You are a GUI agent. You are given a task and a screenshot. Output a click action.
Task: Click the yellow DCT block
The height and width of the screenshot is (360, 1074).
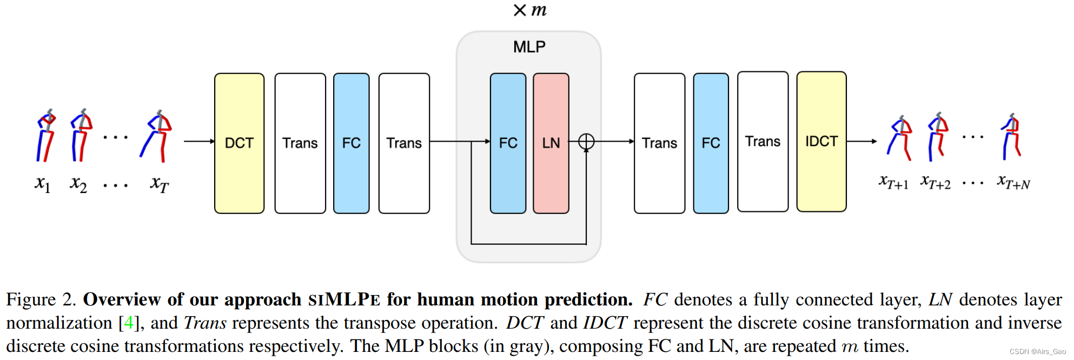point(239,143)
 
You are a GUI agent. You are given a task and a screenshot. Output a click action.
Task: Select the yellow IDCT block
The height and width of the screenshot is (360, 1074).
point(821,142)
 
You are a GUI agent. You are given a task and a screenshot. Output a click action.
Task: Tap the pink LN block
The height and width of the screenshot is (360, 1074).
point(551,143)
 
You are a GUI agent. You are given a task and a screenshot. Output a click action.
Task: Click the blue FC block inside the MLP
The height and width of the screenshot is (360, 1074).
point(508,143)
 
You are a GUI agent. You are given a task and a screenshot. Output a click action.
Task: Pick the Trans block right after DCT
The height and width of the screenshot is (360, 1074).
point(300,143)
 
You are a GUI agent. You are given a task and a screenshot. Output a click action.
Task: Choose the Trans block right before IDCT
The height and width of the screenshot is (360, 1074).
point(763,142)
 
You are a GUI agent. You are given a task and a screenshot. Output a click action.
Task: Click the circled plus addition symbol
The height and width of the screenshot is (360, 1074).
point(586,142)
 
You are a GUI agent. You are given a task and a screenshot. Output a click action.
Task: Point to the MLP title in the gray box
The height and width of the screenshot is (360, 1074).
point(529,47)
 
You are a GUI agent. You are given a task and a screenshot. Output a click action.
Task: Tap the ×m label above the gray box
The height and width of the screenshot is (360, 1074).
point(530,10)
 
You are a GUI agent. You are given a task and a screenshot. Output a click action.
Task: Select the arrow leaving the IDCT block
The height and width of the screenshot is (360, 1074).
point(861,141)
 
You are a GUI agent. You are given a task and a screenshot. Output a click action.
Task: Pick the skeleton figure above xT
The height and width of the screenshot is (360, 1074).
point(157,136)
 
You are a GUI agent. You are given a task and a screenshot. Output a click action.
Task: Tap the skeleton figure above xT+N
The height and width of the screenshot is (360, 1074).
point(1011,137)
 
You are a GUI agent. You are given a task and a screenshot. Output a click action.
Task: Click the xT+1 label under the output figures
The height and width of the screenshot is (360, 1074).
point(893,182)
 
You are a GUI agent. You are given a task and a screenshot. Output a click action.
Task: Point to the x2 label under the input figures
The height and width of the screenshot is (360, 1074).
point(78,184)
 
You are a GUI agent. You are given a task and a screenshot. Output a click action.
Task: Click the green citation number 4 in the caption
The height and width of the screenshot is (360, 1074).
point(128,323)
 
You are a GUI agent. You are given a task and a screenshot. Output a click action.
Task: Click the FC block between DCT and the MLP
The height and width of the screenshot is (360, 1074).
point(351,143)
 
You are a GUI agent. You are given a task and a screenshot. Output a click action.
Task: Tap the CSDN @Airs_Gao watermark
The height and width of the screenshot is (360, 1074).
point(1037,351)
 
